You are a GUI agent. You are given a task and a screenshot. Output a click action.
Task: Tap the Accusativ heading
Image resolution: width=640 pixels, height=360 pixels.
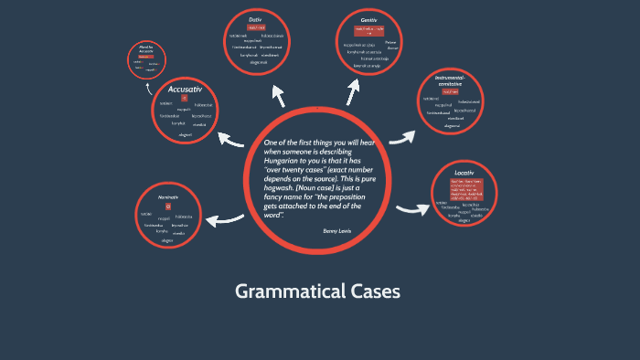185,89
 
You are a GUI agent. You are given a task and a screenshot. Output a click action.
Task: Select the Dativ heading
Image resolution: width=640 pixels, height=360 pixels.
255,18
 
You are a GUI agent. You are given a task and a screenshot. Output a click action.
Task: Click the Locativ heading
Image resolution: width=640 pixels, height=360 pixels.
464,172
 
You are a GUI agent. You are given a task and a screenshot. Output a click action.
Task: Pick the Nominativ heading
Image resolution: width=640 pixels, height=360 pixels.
168,197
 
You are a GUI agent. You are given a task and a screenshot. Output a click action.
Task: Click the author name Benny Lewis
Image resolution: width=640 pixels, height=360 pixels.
336,231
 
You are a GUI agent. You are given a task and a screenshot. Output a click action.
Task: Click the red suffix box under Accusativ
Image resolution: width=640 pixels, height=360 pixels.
184,99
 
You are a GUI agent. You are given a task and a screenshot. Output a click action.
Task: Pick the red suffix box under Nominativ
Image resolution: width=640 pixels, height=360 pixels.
168,207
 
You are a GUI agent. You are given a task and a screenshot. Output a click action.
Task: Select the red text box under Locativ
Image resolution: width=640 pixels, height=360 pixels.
464,188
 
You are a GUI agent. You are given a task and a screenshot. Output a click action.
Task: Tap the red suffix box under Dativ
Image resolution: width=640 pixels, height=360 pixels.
256,28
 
